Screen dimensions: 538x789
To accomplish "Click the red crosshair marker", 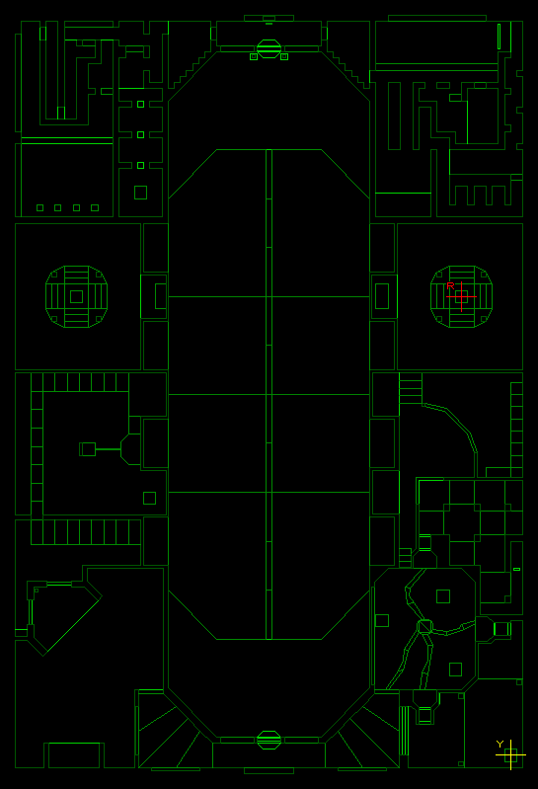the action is pyautogui.click(x=462, y=297).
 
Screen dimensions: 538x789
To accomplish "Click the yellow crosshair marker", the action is pyautogui.click(x=510, y=754).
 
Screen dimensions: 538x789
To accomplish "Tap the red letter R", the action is pyautogui.click(x=450, y=285).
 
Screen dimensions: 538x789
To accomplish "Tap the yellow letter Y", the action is pyautogui.click(x=500, y=744).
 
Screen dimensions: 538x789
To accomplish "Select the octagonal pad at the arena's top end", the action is pyautogui.click(x=269, y=48).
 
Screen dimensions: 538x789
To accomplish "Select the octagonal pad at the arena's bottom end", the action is pyautogui.click(x=269, y=740).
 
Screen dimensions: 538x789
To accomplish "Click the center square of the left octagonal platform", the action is pyautogui.click(x=76, y=296).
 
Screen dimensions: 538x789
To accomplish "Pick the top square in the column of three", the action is pyautogui.click(x=141, y=104).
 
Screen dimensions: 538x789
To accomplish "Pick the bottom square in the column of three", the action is pyautogui.click(x=141, y=165).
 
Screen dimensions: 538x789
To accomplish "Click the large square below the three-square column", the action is pyautogui.click(x=141, y=193).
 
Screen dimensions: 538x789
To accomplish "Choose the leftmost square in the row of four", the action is pyautogui.click(x=40, y=207).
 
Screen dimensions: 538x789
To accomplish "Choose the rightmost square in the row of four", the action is pyautogui.click(x=95, y=207).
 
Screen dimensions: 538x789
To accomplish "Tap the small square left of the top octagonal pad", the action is pyautogui.click(x=254, y=57).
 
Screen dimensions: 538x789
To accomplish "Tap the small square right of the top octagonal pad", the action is pyautogui.click(x=284, y=57).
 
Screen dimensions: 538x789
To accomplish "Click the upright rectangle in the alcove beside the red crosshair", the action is pyautogui.click(x=382, y=296).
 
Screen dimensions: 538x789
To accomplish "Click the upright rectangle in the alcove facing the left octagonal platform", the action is pyautogui.click(x=161, y=296).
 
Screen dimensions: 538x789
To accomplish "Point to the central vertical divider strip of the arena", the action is pyautogui.click(x=269, y=395).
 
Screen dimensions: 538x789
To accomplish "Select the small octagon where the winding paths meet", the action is pyautogui.click(x=424, y=626).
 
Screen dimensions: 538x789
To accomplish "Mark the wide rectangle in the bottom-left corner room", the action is pyautogui.click(x=74, y=754).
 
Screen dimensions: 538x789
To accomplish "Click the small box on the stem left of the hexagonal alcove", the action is pyautogui.click(x=88, y=449).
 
